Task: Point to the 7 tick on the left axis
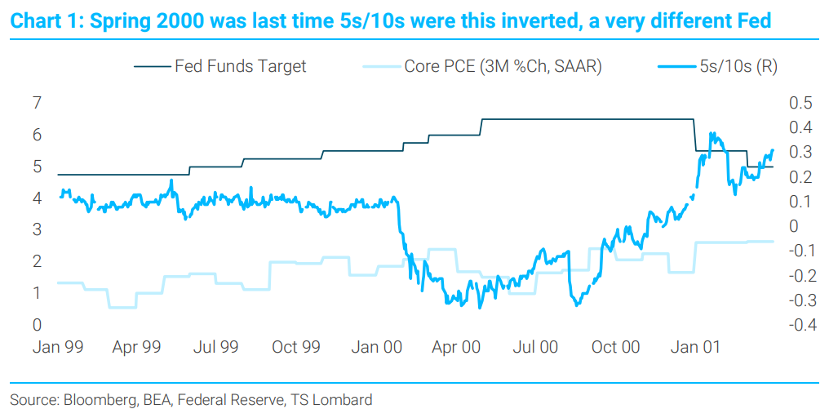pos(37,103)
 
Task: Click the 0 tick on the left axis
pos(37,325)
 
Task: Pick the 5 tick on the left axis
pos(37,167)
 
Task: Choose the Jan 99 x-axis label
pos(57,347)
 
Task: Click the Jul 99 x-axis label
pos(216,347)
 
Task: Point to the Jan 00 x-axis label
pos(376,347)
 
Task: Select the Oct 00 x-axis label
pos(615,347)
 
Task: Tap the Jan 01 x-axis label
pos(694,347)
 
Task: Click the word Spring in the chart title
pos(124,21)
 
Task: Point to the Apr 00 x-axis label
pos(456,347)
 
